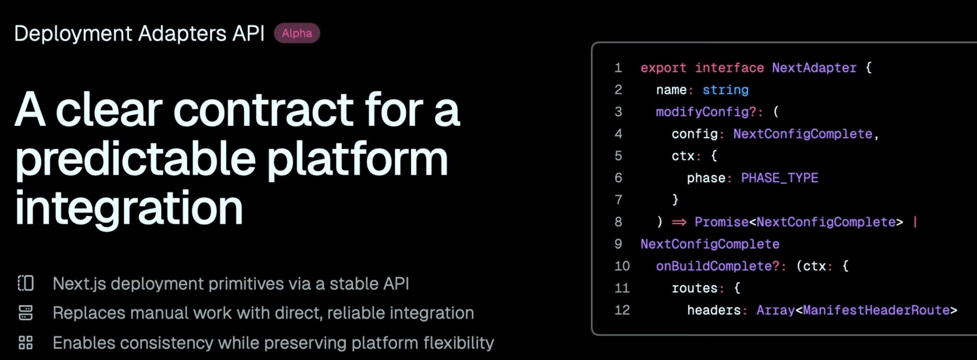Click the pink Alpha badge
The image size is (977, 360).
[297, 33]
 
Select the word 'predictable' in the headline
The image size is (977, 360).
[136, 159]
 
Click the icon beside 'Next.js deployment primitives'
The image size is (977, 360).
[26, 283]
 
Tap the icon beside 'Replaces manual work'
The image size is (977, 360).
[26, 313]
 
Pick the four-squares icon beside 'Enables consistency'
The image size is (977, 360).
[26, 343]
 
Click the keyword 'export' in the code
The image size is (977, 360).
[663, 68]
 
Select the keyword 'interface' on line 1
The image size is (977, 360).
[729, 68]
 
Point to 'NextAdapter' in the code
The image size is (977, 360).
[814, 68]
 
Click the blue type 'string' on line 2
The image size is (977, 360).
[725, 90]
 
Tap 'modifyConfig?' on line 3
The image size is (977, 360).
[706, 112]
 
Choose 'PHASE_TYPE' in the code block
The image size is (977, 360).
[779, 178]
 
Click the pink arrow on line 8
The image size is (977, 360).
[679, 222]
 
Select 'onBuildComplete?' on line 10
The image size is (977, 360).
[717, 266]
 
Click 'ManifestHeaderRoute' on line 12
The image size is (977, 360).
[876, 310]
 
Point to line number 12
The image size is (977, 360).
[622, 310]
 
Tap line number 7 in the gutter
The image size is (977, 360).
[618, 200]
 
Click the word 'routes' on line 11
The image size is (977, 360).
[694, 288]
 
